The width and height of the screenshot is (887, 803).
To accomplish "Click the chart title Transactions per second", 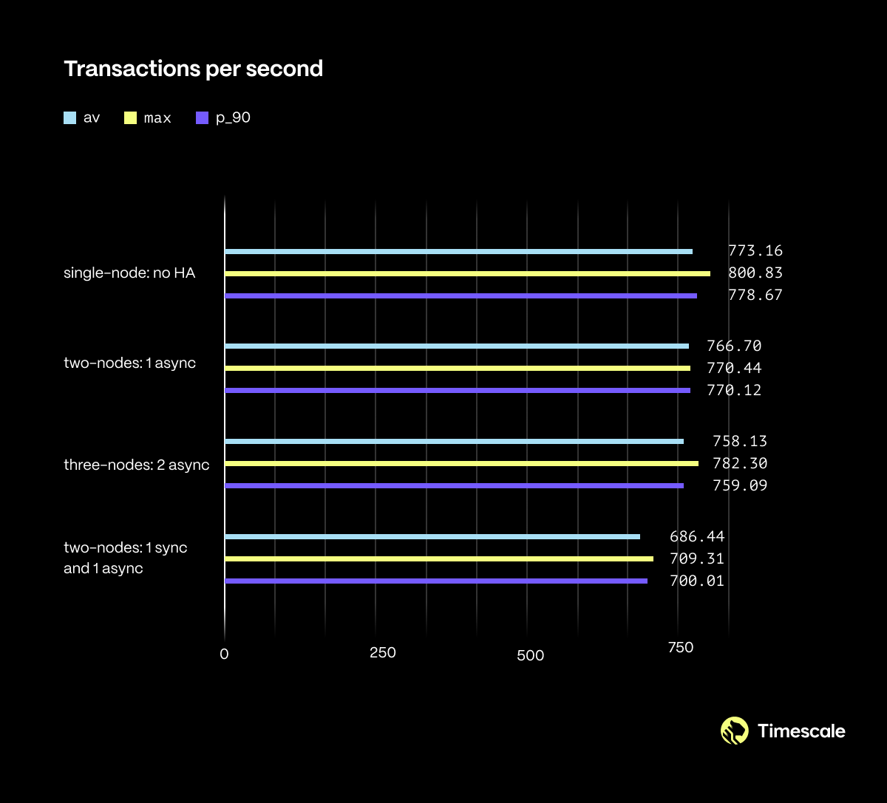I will tap(194, 69).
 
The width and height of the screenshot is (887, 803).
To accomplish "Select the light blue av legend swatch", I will tap(70, 117).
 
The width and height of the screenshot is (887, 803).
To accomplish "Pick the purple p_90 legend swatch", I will tap(202, 117).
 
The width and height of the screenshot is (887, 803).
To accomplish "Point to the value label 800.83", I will tap(755, 273).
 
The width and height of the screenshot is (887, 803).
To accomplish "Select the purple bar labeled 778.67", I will tap(461, 295).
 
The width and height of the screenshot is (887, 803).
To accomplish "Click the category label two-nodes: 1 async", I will tap(130, 363).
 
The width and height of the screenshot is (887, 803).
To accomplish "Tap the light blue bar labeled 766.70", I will tap(457, 346).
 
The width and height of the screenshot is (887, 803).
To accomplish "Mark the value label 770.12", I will tap(734, 390).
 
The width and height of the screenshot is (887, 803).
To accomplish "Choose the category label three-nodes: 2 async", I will tap(137, 465).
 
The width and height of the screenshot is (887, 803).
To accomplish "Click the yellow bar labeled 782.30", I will tap(461, 463).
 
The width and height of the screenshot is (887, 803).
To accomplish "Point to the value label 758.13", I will tap(740, 442).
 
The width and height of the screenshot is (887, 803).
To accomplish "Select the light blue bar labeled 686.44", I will tap(432, 536).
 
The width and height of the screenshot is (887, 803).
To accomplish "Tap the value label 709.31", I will tap(697, 558).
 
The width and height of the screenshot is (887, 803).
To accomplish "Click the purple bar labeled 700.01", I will tap(436, 581).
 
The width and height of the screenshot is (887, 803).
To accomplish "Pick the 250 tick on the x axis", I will tap(383, 653).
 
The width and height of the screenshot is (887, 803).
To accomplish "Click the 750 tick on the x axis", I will tap(680, 648).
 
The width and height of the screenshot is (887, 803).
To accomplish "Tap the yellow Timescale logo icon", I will tap(735, 731).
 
